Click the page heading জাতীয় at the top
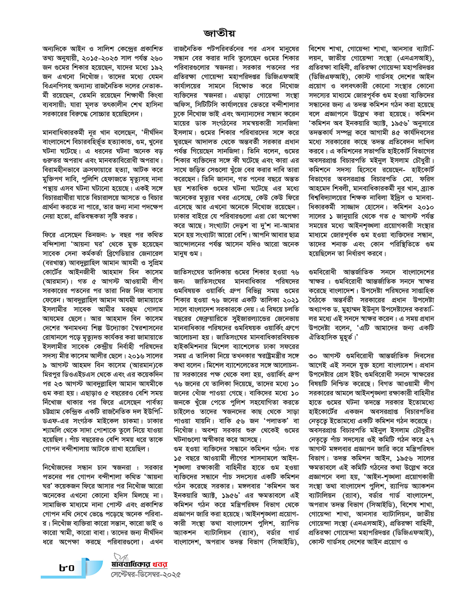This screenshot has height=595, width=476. [x=219, y=33]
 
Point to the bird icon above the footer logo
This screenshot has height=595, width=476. [x=119, y=556]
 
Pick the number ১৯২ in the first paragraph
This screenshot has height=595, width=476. [x=156, y=67]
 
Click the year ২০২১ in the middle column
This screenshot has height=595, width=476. [x=291, y=300]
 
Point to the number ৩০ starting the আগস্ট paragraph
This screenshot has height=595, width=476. [x=313, y=356]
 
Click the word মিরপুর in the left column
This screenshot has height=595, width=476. [x=52, y=374]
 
